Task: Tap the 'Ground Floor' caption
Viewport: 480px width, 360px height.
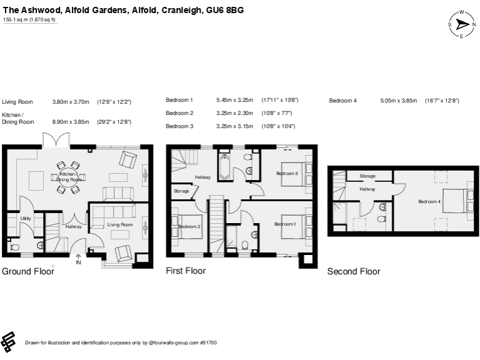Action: (27, 271)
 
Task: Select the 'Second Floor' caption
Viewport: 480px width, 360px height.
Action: (354, 271)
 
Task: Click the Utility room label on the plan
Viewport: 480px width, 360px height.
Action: (26, 218)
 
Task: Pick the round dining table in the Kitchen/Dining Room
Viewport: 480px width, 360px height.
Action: (69, 177)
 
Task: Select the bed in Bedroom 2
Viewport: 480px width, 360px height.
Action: (190, 226)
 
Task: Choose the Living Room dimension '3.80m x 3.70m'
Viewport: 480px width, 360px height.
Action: (71, 101)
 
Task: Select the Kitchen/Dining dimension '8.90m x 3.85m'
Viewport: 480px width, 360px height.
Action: (71, 122)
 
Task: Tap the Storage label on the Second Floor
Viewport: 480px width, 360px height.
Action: (367, 176)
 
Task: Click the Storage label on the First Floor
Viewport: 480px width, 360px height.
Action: (181, 191)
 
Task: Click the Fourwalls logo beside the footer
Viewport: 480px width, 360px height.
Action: (9, 341)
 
